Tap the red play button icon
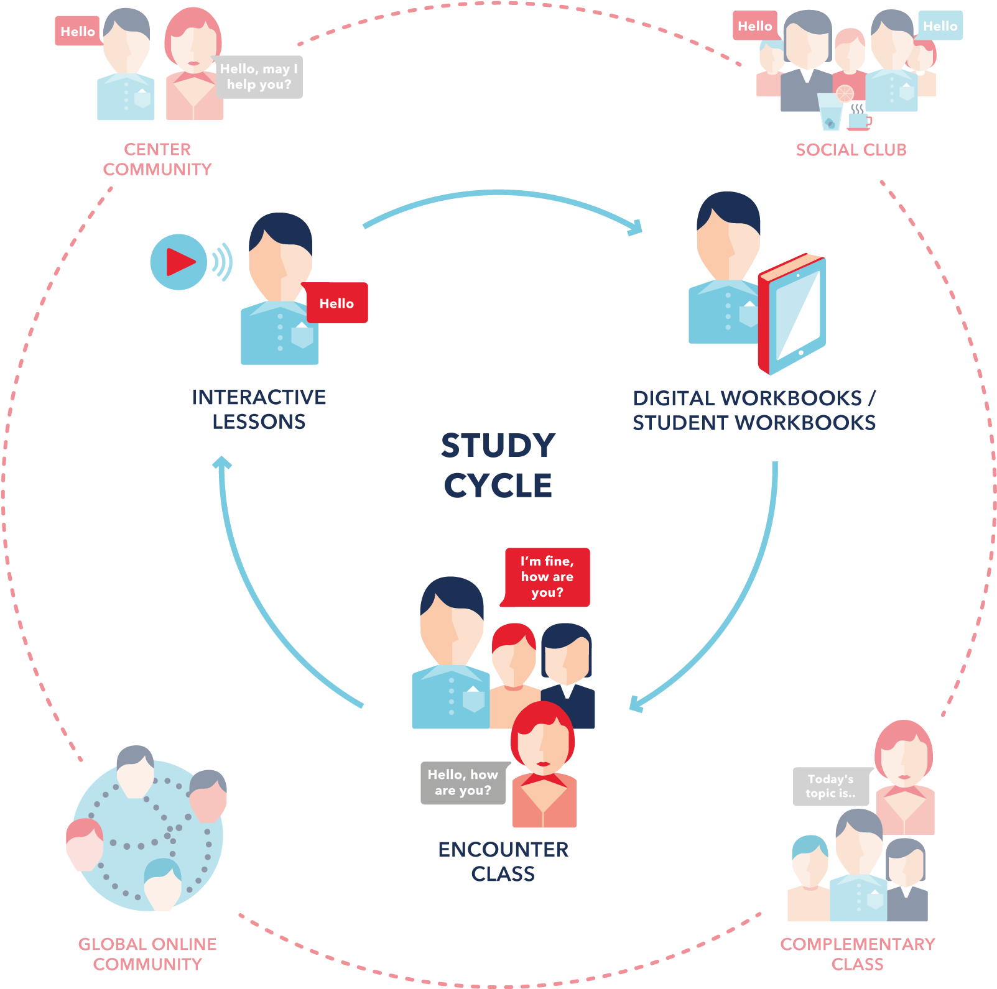point(179,262)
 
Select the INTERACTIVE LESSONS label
point(259,409)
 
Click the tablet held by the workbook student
point(793,314)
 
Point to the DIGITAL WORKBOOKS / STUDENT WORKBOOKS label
point(754,410)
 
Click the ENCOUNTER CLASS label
point(503,861)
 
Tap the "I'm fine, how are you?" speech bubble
point(547,577)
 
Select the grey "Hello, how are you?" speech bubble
point(463,783)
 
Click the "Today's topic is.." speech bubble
point(830,786)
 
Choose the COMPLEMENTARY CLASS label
point(857,954)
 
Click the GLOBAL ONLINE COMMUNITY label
point(147,954)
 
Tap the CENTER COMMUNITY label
point(157,159)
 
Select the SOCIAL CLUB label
point(851,150)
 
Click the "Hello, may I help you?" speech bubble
point(258,77)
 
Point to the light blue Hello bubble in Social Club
point(940,26)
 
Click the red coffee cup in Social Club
point(859,121)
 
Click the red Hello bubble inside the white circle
point(336,303)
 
